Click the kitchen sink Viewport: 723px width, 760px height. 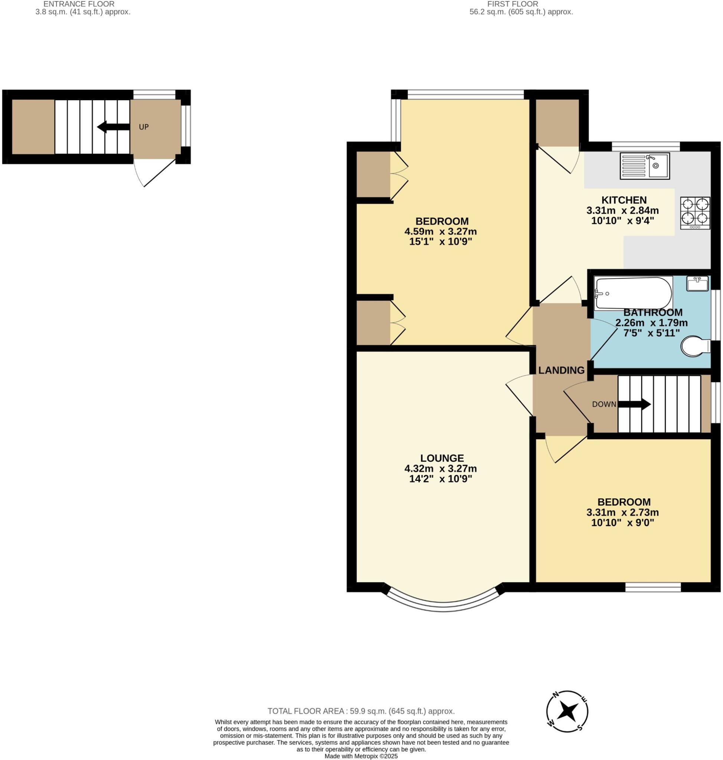(645, 166)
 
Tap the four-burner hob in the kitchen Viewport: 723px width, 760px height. (695, 213)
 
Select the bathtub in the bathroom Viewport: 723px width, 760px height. (634, 293)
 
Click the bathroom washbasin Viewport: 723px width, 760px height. (697, 283)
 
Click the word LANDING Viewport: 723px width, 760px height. (561, 370)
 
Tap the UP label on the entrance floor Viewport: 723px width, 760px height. (144, 127)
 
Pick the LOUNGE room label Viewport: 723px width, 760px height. (442, 458)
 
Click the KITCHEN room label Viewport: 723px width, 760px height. (624, 200)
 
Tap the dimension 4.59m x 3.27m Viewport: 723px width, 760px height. (440, 232)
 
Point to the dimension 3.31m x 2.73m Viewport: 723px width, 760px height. (622, 512)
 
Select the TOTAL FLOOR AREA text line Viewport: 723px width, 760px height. (361, 711)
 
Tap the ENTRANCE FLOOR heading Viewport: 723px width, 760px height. (79, 4)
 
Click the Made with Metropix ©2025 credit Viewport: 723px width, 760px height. (361, 756)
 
